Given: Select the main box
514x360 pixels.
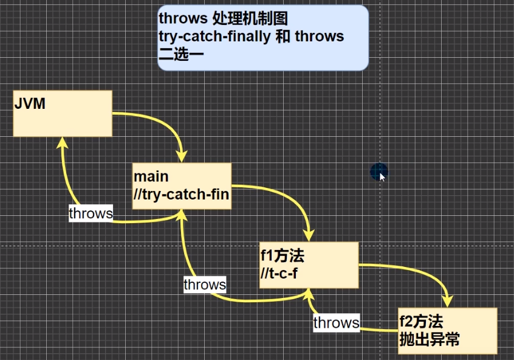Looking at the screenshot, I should click(182, 185).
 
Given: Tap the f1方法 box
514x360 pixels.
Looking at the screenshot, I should click(309, 265).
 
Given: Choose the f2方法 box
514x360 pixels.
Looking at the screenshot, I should click(448, 330).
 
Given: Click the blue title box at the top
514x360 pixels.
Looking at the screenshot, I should click(262, 37).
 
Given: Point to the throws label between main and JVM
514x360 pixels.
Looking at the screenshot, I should click(91, 213).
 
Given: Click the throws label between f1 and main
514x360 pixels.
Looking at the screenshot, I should click(205, 284).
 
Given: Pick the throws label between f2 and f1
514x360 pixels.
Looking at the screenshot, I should click(336, 322).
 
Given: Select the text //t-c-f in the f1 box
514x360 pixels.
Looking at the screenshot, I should click(279, 274).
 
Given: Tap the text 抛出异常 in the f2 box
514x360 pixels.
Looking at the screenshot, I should click(429, 339).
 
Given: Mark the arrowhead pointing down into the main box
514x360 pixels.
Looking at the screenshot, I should click(181, 155).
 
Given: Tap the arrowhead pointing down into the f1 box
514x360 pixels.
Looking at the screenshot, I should click(309, 234).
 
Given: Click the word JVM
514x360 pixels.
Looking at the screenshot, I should click(30, 104).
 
